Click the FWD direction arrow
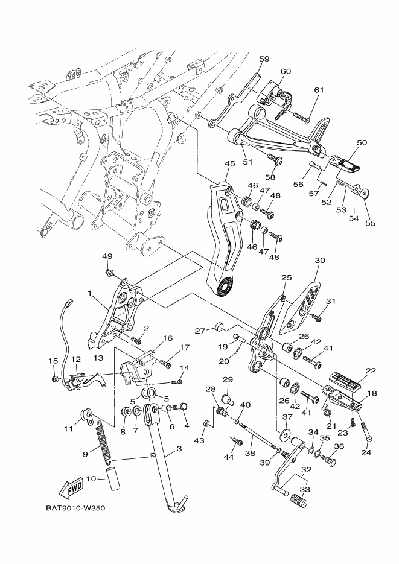pyautogui.click(x=72, y=488)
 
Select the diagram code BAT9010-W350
pyautogui.click(x=75, y=509)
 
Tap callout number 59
pyautogui.click(x=264, y=59)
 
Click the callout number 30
pyautogui.click(x=320, y=260)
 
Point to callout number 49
pyautogui.click(x=107, y=256)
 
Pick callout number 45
pyautogui.click(x=229, y=163)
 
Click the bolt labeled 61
pyautogui.click(x=301, y=118)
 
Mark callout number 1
pyautogui.click(x=90, y=293)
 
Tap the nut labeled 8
pyautogui.click(x=127, y=411)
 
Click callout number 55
pyautogui.click(x=371, y=223)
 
